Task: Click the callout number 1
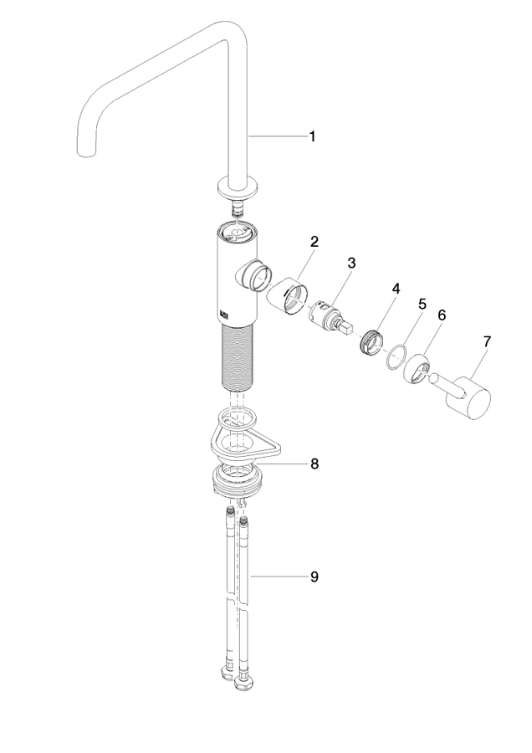coord(312,137)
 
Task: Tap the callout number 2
coord(314,241)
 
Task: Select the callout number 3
coord(351,263)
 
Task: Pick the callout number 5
coord(422,304)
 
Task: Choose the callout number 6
coord(442,315)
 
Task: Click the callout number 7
coord(487,341)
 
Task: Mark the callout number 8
coord(314,464)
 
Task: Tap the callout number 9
coord(314,576)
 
